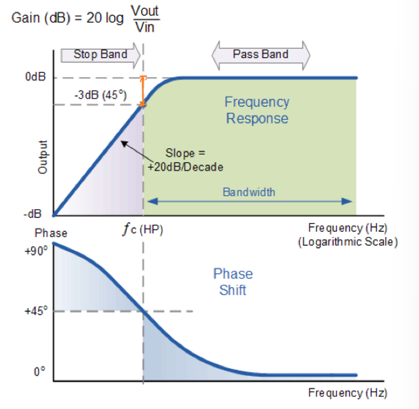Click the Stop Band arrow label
[100, 55]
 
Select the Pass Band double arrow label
[261, 54]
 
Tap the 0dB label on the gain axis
[35, 77]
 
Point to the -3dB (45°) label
[100, 95]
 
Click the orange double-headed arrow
[143, 91]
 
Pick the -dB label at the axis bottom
[33, 214]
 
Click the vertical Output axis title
[42, 157]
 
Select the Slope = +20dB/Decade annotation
[185, 160]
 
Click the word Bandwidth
[249, 192]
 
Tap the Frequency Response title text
[257, 110]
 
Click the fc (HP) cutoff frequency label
[142, 230]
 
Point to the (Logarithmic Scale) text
[348, 242]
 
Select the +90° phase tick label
[36, 251]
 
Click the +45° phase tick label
[36, 311]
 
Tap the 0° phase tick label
[40, 372]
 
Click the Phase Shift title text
[233, 282]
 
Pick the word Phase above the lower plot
[51, 233]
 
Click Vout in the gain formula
[145, 11]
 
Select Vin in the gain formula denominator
[145, 27]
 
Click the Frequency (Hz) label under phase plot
[348, 393]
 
